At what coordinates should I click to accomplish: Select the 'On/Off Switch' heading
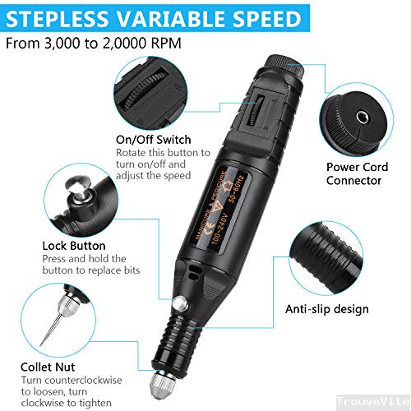tap(154, 139)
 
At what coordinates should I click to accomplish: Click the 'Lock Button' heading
tap(74, 245)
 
